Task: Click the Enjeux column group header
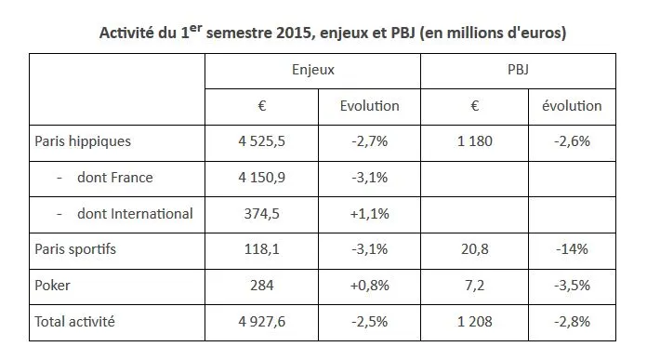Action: tap(313, 70)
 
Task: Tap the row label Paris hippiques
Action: tap(83, 142)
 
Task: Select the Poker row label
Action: tap(53, 285)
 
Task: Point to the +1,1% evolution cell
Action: tap(370, 213)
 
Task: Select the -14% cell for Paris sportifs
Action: tap(572, 248)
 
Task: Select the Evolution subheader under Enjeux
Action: tap(370, 106)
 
